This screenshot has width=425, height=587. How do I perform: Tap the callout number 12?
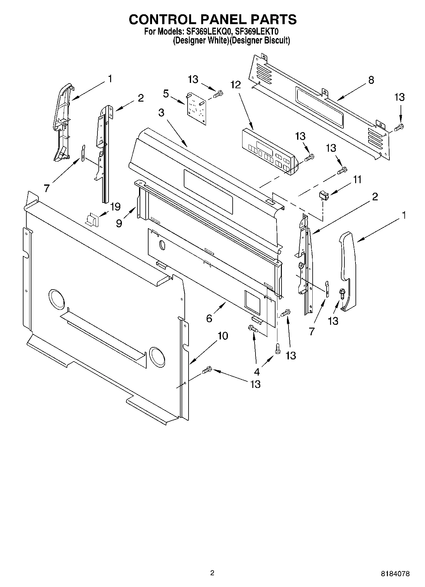coord(236,85)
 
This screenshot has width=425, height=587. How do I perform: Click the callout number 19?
coord(115,207)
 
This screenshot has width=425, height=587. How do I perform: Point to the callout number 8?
coord(371,80)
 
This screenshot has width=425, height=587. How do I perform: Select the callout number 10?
coord(223,336)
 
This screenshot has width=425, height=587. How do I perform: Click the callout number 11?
coord(357,180)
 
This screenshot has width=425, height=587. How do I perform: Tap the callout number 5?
coord(166,94)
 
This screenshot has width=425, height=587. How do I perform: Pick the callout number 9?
coord(119,223)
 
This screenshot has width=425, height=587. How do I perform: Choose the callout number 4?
coord(256,371)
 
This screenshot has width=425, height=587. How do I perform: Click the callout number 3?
coord(161,112)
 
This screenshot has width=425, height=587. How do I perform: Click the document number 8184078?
coord(395,574)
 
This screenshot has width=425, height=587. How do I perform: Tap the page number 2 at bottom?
coord(212,573)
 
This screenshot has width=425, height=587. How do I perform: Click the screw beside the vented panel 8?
coord(399,128)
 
